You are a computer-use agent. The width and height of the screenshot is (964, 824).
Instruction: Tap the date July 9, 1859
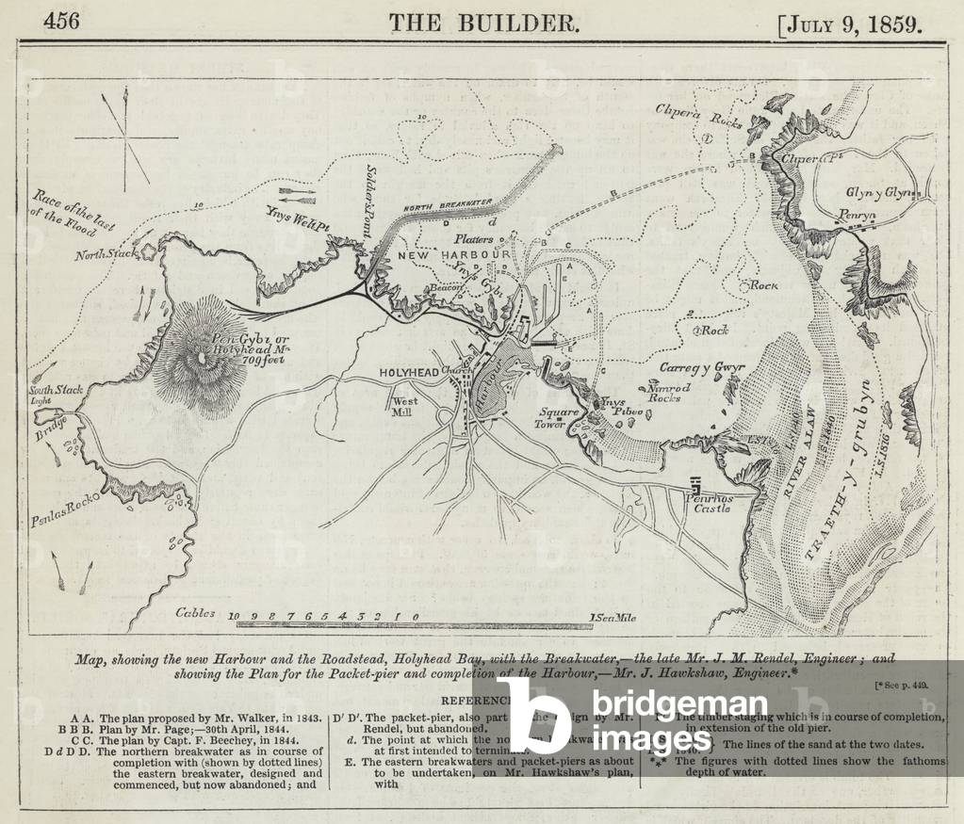(x=852, y=23)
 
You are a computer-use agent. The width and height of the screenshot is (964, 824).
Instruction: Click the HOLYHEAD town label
(x=409, y=373)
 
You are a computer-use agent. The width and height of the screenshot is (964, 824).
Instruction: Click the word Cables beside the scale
(x=196, y=613)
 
